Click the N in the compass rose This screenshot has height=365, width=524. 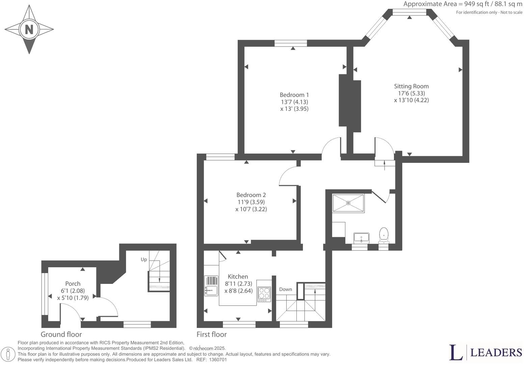click(29, 30)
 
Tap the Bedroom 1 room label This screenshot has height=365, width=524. click(294, 95)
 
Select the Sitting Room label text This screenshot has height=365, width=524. click(411, 86)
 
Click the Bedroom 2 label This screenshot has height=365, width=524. click(251, 195)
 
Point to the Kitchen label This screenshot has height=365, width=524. click(238, 276)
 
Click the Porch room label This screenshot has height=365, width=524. click(73, 284)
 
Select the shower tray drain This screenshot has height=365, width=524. click(348, 203)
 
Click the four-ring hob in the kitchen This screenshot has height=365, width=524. click(264, 294)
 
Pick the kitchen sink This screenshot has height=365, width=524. click(211, 290)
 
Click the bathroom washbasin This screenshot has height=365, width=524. click(361, 238)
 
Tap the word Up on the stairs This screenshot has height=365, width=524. click(144, 260)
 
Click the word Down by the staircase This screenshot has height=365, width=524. click(285, 289)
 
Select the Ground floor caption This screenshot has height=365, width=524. click(61, 334)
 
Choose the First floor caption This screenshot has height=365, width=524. click(211, 334)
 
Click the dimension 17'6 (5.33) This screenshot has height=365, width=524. click(411, 93)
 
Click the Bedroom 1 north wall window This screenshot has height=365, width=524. click(290, 43)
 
